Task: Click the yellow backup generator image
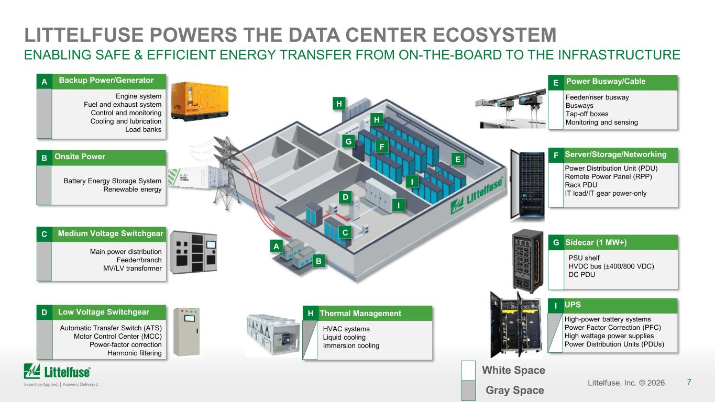coord(200,101)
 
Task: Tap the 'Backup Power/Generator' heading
coord(106,80)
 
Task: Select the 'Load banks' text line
coord(144,129)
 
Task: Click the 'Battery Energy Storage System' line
coord(112,181)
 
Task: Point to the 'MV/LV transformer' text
coord(132,269)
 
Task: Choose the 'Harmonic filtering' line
coord(135,353)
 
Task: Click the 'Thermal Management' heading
coord(360,314)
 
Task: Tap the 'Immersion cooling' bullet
coord(351,345)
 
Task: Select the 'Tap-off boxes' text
coord(587,114)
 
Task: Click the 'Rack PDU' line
coord(581,185)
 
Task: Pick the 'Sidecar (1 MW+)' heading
coord(596,242)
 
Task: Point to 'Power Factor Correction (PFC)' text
coord(613,328)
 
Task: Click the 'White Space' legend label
coord(513,370)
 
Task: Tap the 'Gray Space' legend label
coord(515,390)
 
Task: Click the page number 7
coord(689,382)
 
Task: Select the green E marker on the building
coord(458,159)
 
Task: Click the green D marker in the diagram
coord(345,197)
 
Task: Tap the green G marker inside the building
coord(348,141)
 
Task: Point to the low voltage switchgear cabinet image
coord(186,332)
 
